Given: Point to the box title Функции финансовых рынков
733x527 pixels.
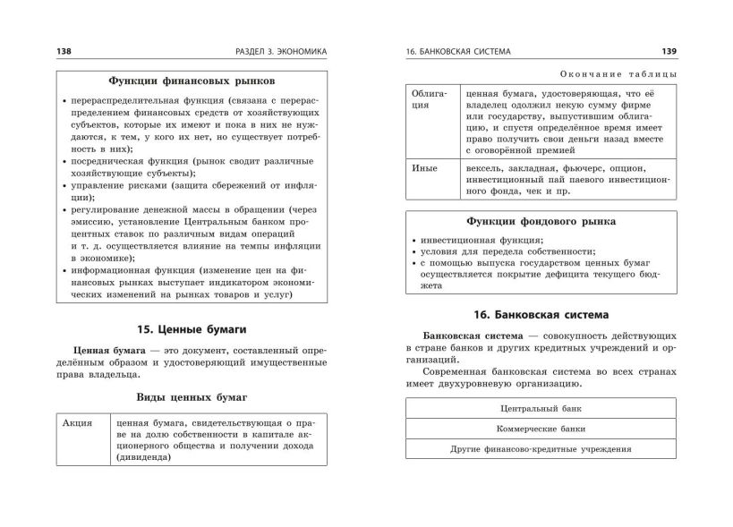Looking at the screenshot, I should tap(192, 80).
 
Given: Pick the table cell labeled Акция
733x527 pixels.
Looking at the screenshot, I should tap(79, 423).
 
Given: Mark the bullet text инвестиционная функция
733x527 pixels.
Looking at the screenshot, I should tap(468, 241).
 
